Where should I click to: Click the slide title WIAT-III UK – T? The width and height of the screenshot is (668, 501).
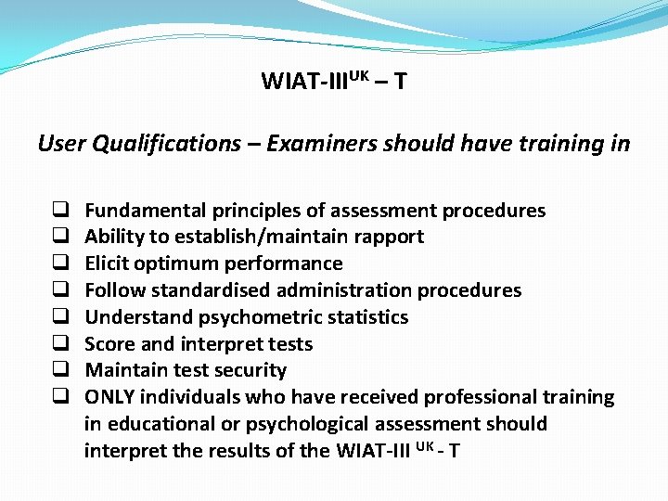click(333, 82)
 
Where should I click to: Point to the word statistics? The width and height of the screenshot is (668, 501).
click(368, 317)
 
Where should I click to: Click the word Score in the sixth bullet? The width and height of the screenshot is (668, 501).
click(109, 344)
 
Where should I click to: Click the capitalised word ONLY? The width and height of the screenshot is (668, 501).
click(110, 397)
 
